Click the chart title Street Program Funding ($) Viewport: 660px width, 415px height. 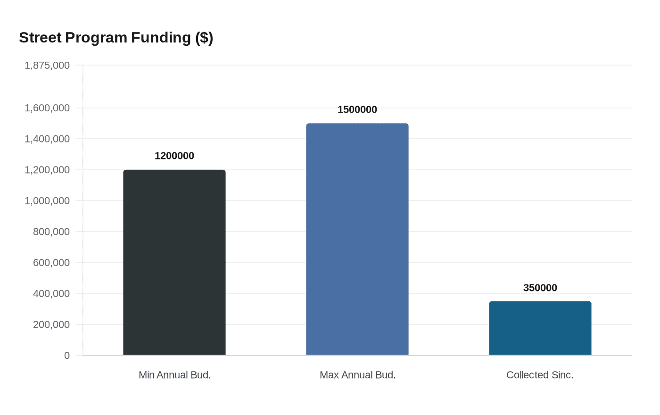tap(116, 38)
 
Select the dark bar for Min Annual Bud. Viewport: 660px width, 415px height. tap(174, 262)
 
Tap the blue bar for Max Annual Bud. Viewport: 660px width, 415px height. tap(357, 239)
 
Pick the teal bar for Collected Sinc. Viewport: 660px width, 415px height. tap(540, 328)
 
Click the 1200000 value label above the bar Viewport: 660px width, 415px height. tap(174, 156)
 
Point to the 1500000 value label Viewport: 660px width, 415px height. tap(357, 110)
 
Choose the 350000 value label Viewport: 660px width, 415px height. tap(540, 288)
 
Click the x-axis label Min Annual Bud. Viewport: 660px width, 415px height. tap(174, 375)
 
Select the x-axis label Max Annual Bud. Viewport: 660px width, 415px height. tap(357, 375)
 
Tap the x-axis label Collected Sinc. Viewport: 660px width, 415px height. tap(540, 375)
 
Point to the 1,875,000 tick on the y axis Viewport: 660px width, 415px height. tap(47, 66)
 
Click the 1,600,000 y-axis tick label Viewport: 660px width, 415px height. tap(47, 108)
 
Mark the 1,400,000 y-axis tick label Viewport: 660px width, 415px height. tap(47, 139)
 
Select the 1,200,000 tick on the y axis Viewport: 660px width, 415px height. tap(47, 170)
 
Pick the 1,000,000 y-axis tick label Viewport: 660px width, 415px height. tap(47, 201)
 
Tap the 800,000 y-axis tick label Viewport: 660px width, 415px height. tap(51, 232)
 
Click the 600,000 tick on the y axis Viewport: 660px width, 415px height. tap(51, 263)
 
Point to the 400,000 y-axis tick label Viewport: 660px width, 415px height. tap(51, 293)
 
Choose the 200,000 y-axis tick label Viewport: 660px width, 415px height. tap(51, 324)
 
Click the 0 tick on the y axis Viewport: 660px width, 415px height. tap(67, 356)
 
